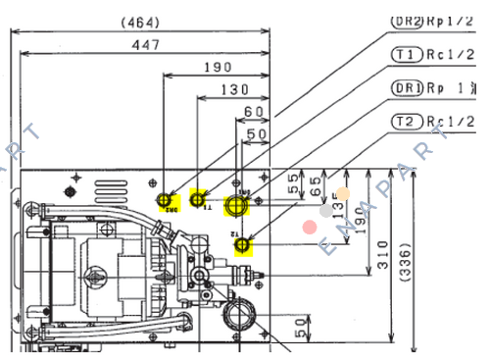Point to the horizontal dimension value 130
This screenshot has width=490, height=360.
pyautogui.click(x=233, y=89)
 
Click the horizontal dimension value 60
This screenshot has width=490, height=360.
pyautogui.click(x=253, y=112)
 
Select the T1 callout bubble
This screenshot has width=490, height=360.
pyautogui.click(x=405, y=54)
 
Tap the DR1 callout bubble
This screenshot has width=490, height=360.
pyautogui.click(x=405, y=87)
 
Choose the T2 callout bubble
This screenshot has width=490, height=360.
pyautogui.click(x=405, y=121)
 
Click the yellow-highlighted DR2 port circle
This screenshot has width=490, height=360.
pyautogui.click(x=168, y=202)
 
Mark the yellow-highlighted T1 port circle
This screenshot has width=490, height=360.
pyautogui.click(x=202, y=200)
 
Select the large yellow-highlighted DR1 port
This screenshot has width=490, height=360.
pyautogui.click(x=238, y=205)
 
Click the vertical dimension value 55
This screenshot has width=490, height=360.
pyautogui.click(x=292, y=183)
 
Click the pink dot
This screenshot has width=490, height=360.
pyautogui.click(x=310, y=227)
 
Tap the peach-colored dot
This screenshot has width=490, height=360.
pyautogui.click(x=343, y=194)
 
